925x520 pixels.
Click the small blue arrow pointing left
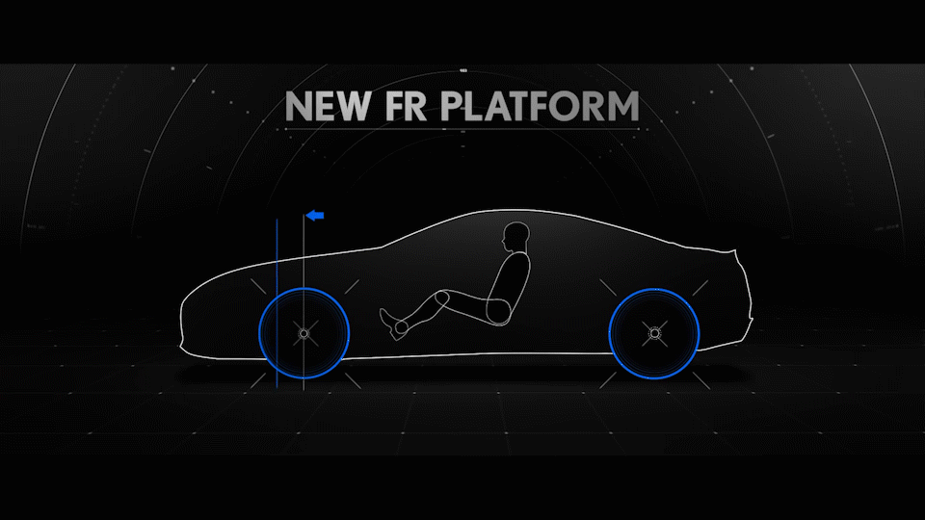(x=314, y=216)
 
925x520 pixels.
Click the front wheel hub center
(x=304, y=333)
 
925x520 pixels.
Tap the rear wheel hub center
(x=655, y=333)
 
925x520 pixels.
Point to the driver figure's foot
(x=389, y=318)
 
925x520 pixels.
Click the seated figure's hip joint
(x=498, y=310)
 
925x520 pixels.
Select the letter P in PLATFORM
(x=455, y=106)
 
